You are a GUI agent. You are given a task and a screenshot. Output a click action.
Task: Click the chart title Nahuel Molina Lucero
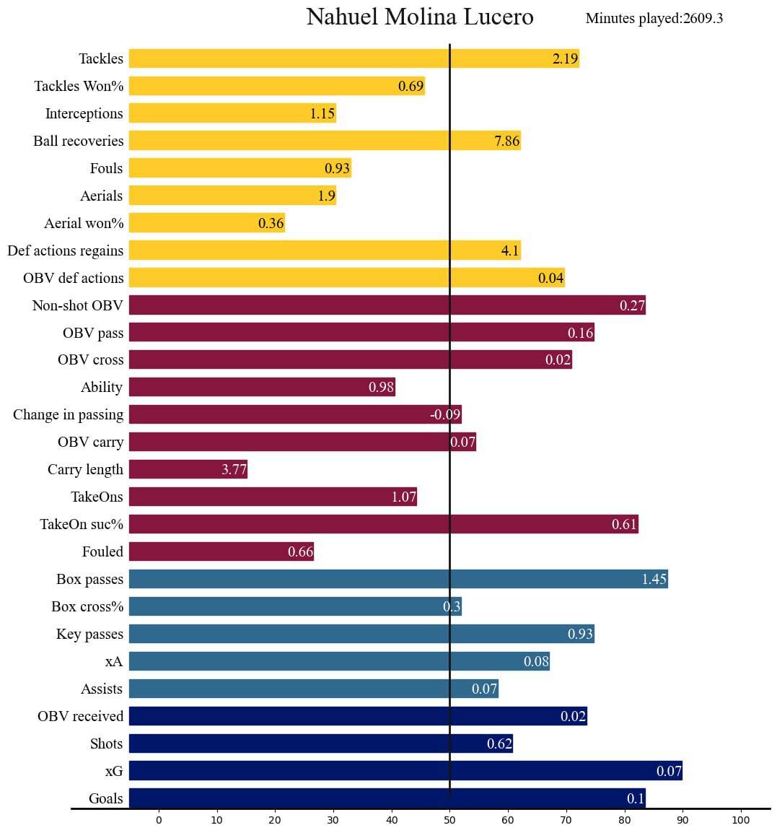point(420,17)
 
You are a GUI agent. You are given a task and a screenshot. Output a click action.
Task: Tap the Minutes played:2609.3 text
point(654,19)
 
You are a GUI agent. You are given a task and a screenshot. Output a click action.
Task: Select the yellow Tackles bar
point(354,58)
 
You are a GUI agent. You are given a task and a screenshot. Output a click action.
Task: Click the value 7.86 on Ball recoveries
point(506,141)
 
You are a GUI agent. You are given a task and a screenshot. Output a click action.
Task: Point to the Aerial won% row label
point(84,224)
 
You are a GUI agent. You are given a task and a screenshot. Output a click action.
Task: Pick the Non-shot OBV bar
point(387,305)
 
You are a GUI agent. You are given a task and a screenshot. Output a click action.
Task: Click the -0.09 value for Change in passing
point(444,415)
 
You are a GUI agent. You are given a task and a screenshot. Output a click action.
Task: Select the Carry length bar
point(188,470)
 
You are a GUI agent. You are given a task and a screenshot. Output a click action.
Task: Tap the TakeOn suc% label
point(82,525)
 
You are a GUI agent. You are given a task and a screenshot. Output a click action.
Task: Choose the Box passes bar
point(398,579)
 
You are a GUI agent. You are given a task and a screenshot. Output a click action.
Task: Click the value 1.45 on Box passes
point(654,580)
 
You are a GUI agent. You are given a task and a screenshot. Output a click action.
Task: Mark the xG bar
point(405,771)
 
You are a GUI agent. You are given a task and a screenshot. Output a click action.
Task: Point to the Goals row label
point(106,799)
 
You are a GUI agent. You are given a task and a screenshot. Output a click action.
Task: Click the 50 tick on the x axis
point(449,820)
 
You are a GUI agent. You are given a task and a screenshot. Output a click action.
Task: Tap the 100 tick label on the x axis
point(741,820)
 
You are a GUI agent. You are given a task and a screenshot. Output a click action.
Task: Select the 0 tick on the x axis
point(159,820)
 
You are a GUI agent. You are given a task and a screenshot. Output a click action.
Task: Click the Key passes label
point(89,634)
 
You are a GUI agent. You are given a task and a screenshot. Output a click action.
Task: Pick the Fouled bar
point(221,551)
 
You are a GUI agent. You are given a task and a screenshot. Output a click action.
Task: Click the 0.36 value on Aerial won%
point(271,224)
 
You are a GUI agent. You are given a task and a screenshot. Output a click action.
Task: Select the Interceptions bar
point(232,113)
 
